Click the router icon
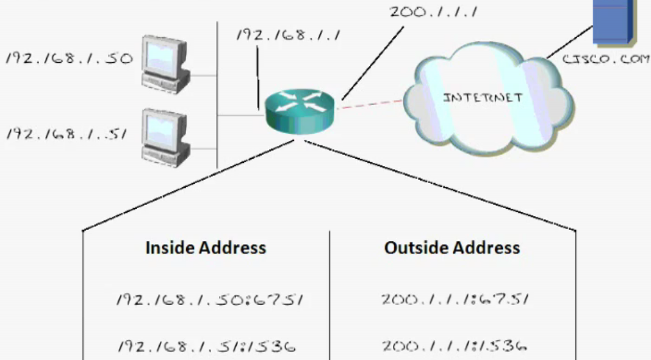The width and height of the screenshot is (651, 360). click(300, 110)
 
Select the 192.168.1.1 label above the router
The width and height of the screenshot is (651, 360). click(287, 35)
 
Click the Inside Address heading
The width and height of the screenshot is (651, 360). click(206, 248)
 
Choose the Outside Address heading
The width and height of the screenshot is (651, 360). click(452, 248)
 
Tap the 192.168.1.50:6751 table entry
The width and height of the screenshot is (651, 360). click(210, 300)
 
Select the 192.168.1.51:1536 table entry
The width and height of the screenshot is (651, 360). click(206, 347)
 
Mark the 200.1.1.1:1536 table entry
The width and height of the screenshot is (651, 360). click(455, 346)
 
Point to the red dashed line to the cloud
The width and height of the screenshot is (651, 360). click(369, 104)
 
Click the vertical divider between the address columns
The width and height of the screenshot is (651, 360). click(330, 293)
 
